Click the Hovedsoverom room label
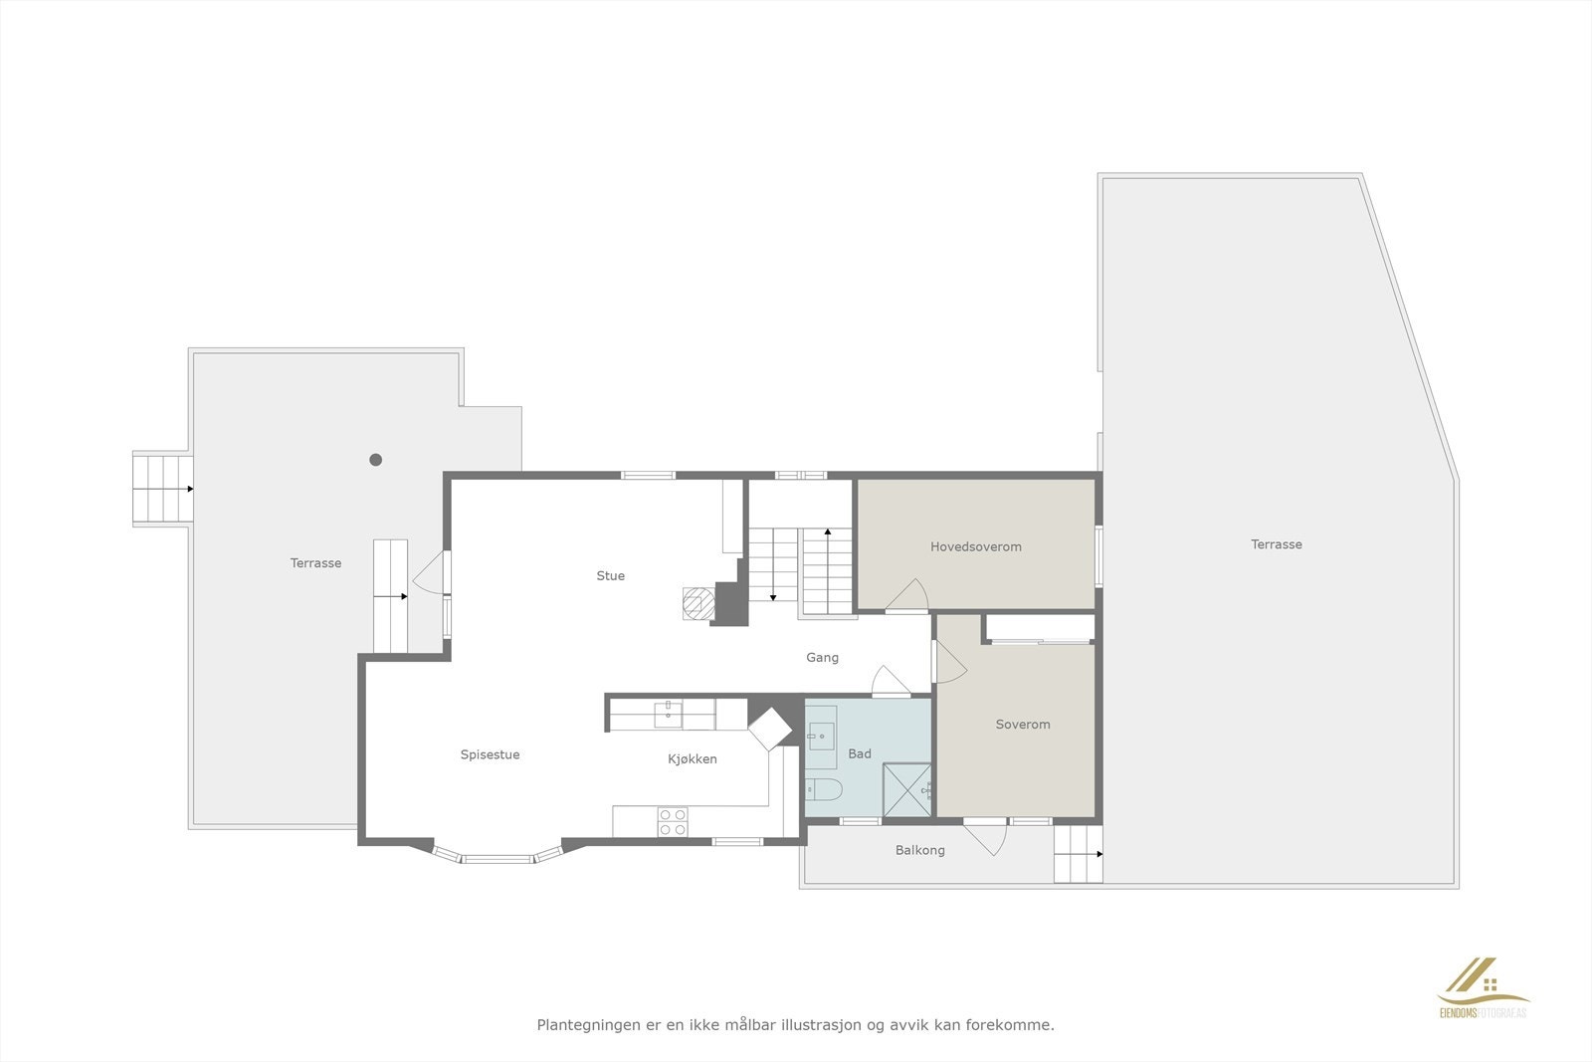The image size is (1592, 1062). [975, 546]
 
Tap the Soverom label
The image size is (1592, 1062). [1022, 725]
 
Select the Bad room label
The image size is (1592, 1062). [859, 753]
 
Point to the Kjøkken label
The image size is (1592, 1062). [692, 759]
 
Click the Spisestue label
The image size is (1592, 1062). [490, 754]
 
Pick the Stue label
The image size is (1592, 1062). [610, 575]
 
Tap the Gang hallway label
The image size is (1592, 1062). [822, 657]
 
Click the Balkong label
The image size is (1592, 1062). [919, 850]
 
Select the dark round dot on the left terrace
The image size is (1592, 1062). [376, 460]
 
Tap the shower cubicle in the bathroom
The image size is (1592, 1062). [906, 790]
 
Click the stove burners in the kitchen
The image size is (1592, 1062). [673, 822]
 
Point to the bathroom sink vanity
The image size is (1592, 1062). [822, 738]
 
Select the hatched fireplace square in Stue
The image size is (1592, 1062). [696, 603]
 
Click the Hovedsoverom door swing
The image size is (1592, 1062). [907, 597]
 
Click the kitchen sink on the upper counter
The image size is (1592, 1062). [668, 713]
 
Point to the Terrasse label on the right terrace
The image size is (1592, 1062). [1276, 544]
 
